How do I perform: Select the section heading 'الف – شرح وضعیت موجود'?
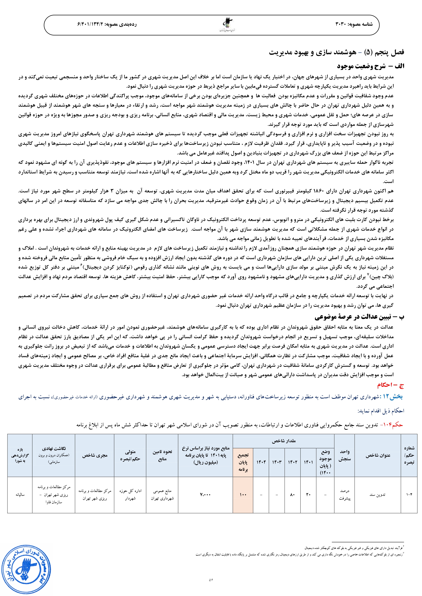click(371, 66)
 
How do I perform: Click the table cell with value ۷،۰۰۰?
click(205, 494)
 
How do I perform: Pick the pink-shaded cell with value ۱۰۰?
click(243, 494)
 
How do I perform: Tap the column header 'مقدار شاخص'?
click(283, 441)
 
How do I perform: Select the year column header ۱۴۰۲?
click(293, 462)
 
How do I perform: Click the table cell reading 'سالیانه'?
click(20, 494)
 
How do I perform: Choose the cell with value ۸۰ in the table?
click(293, 494)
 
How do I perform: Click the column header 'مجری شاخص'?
click(94, 455)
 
